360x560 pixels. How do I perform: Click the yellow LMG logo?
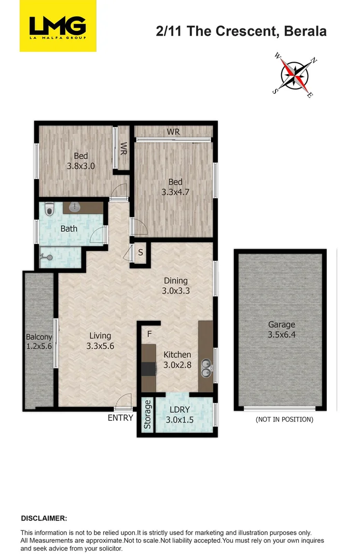tap(58, 26)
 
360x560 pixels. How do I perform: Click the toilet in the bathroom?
tap(49, 208)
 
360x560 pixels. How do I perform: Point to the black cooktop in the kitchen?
tap(149, 369)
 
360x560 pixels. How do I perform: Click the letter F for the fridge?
tap(149, 334)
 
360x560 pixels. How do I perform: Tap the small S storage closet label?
tap(140, 254)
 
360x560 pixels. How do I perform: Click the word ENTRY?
tap(120, 418)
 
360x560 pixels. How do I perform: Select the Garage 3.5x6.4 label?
tap(282, 330)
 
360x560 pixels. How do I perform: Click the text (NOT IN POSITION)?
tap(284, 419)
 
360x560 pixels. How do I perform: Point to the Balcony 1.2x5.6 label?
tap(39, 342)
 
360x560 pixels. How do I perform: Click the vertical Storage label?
tap(147, 414)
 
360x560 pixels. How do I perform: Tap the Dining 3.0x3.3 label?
tap(175, 286)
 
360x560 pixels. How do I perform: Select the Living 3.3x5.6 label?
tap(100, 341)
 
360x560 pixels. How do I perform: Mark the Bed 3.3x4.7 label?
tap(175, 187)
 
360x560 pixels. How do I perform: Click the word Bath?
tap(69, 229)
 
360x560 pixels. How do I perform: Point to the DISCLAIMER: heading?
tap(44, 518)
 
